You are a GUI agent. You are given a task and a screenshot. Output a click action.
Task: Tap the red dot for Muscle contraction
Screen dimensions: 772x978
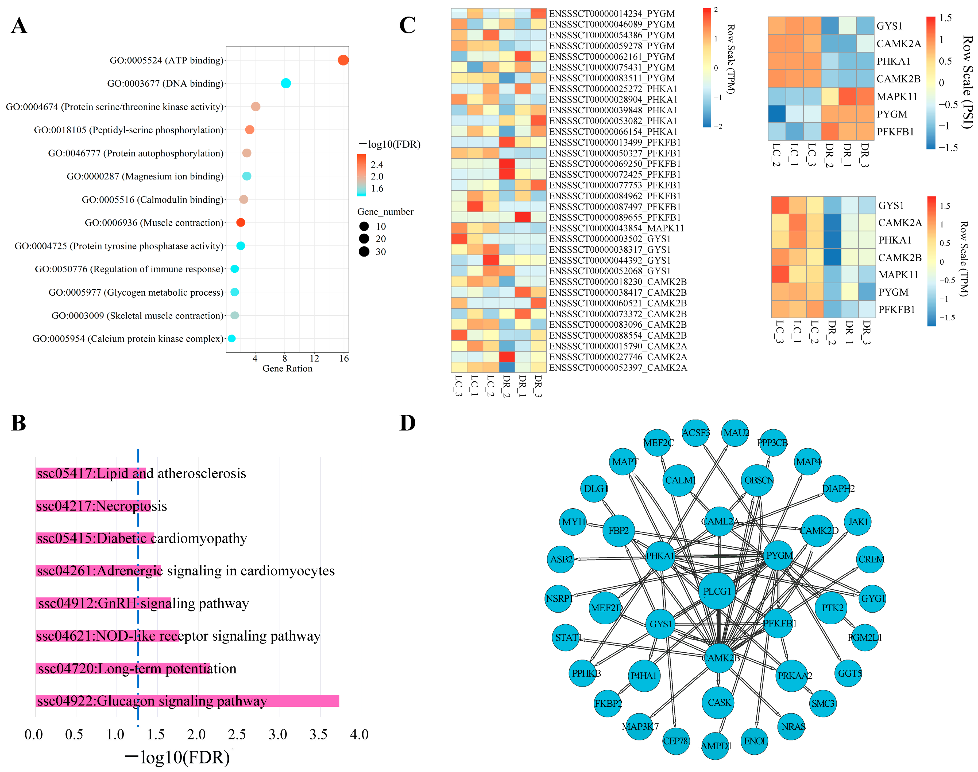pos(241,222)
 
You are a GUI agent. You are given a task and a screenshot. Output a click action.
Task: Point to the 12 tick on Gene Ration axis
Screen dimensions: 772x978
pos(314,358)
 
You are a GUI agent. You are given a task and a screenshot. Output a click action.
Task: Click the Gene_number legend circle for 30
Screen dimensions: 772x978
pos(364,252)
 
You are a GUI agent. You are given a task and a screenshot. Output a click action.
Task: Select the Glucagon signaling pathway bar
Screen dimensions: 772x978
pos(187,701)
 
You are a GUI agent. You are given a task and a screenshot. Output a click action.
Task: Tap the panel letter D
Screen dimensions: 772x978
pos(407,423)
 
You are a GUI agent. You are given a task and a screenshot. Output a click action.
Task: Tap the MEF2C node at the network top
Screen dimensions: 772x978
pos(658,442)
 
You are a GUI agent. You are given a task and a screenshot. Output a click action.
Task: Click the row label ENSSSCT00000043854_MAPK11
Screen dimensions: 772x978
pos(616,228)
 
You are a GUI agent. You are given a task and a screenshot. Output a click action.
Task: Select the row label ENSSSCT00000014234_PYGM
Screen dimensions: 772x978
pos(612,14)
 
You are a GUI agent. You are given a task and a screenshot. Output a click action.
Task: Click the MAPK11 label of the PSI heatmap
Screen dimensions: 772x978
pos(897,96)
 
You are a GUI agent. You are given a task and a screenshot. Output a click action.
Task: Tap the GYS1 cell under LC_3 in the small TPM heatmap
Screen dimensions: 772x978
pos(780,205)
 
